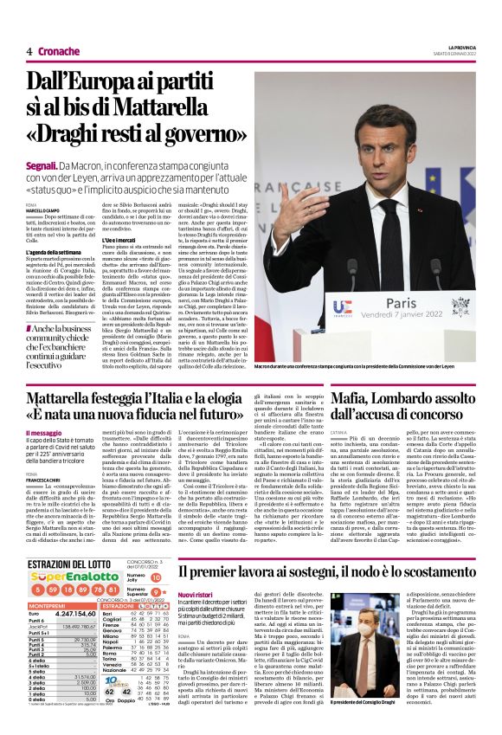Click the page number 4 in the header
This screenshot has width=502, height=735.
[x=29, y=52]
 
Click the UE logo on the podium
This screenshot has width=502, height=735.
[x=343, y=308]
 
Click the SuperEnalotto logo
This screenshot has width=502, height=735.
[x=65, y=577]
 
